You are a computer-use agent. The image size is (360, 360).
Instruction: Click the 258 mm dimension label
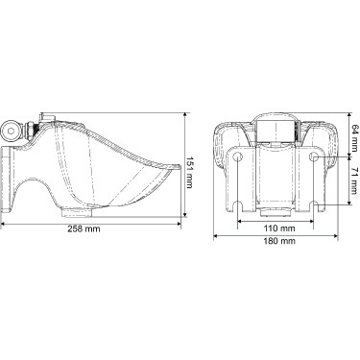pos(84,228)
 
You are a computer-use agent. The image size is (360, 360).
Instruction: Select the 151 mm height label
pos(189,172)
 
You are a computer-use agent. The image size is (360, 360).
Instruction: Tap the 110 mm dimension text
pos(279,228)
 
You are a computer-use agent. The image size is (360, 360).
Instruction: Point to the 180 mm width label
pos(279,241)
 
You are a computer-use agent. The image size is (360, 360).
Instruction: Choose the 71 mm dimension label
pos(354,180)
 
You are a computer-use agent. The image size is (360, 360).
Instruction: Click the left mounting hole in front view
pos(237,156)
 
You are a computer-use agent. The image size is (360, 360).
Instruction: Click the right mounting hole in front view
pos(314,156)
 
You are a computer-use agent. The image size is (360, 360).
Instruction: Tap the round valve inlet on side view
pos(11,131)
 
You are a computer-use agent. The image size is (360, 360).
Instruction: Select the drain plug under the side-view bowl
pos(77,212)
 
